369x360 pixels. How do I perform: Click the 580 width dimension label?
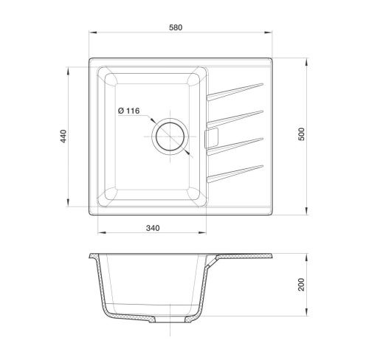coord(176,27)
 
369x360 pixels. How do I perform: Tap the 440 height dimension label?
coord(63,136)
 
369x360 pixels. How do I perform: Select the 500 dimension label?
coord(301,134)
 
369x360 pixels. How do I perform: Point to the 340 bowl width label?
coord(153,228)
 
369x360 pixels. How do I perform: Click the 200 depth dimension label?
coord(301,285)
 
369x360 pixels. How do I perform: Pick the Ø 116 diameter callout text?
coord(128,111)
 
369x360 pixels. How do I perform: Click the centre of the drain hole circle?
coord(170,136)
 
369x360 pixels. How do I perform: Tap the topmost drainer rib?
coord(235,92)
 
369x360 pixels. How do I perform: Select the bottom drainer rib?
coord(235,174)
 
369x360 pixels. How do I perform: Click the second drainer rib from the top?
coord(235,119)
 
